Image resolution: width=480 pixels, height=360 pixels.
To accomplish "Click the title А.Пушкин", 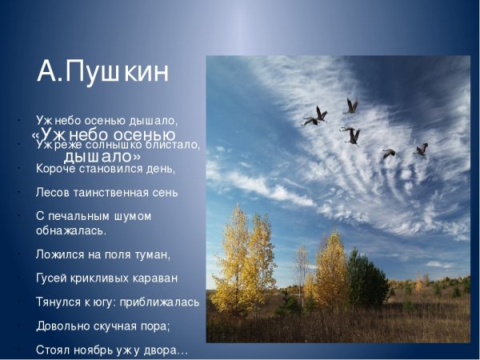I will coord(103,72).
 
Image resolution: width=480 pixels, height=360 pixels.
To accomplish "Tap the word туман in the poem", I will coord(150,254).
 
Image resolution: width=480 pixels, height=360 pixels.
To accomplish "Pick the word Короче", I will coord(56,169).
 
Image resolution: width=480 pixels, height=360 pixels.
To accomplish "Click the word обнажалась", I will coord(70,230).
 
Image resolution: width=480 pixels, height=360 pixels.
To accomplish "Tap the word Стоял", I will coord(53,350).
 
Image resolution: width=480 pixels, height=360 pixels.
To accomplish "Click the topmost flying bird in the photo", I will coord(350,106).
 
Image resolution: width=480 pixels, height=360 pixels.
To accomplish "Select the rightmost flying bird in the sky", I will coord(422,150).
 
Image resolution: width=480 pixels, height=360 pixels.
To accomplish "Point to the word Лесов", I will coord(54,192).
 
